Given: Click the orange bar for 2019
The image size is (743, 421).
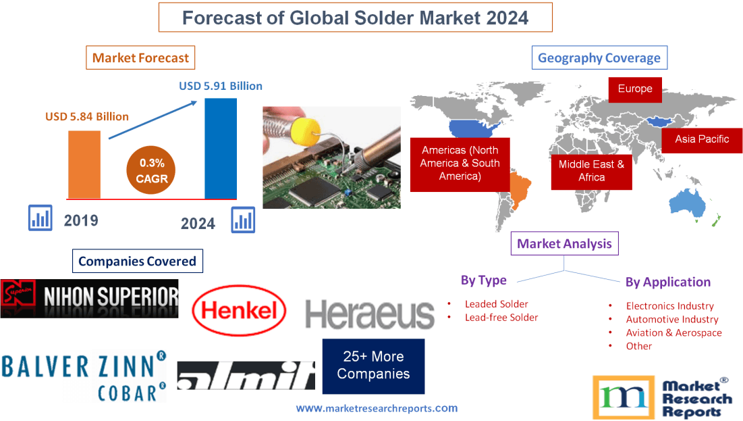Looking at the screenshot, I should [x=84, y=164].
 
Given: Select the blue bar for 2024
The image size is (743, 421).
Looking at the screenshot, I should [x=221, y=148].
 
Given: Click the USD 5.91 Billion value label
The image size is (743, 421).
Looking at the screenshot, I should [x=220, y=86].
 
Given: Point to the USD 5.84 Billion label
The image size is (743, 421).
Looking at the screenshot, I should [x=87, y=116].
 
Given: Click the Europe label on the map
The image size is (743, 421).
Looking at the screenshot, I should [x=634, y=89].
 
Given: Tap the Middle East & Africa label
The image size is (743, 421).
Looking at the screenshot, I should [x=591, y=171].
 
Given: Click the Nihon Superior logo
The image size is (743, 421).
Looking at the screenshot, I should [x=90, y=298].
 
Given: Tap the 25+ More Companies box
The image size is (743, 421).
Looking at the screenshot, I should [x=373, y=366].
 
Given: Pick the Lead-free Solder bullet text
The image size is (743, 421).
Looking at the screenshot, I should [x=501, y=318].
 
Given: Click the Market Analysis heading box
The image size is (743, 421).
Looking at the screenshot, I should [x=564, y=244].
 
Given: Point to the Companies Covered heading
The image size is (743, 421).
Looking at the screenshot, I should [x=137, y=261].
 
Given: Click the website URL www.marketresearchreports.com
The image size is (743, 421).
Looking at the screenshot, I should [x=377, y=408].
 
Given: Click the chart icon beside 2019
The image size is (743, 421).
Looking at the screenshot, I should [x=40, y=218].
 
